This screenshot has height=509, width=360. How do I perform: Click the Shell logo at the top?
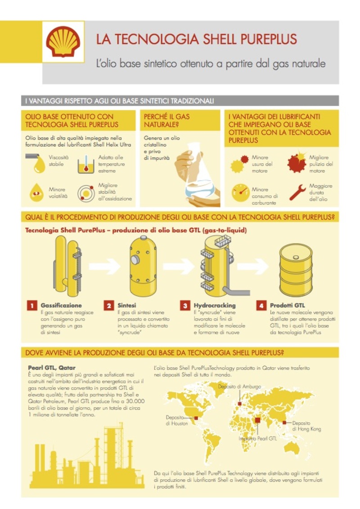pos(63,41)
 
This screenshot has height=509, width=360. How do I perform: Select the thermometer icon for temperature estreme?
pos(86,164)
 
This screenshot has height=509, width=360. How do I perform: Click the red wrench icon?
pos(297,193)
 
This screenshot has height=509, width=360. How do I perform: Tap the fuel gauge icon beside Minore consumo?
pos(240,193)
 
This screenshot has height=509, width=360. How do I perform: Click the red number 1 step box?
pos(32,306)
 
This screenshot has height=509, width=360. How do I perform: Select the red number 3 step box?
pos(185,306)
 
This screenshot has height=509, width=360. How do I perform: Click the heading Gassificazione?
pos(61,305)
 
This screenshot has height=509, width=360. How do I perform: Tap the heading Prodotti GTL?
pos(287,305)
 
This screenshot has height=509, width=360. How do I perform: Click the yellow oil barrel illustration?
pos(296,270)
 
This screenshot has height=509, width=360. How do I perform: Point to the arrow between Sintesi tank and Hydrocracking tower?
pos(179,266)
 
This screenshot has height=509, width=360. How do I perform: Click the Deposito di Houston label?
pos(176,420)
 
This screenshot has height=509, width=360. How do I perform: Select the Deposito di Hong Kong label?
pos(306,426)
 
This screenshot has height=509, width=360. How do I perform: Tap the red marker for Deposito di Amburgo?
pos(239,404)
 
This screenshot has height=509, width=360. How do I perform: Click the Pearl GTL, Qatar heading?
pos(52,368)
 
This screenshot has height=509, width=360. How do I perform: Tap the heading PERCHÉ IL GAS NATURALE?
pos(166,121)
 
